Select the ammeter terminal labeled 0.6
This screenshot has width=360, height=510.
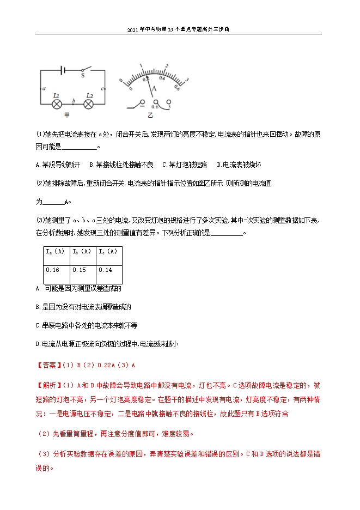point(156,102)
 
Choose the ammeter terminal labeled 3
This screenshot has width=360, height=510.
point(169,102)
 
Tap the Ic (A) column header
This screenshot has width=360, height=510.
point(108,252)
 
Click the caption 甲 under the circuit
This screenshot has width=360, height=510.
point(67,115)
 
